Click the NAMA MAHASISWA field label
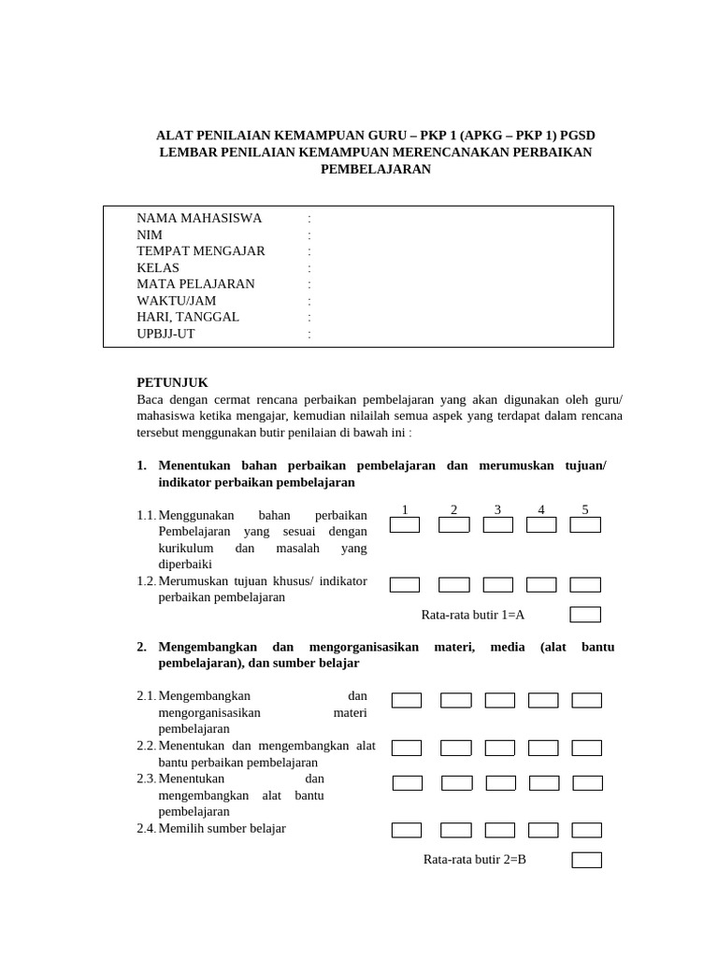(199, 218)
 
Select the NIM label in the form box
(150, 235)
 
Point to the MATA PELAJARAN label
(195, 284)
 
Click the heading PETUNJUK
(172, 383)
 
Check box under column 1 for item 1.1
(405, 525)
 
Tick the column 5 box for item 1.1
(585, 525)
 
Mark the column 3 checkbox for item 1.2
(498, 585)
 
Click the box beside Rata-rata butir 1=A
(585, 615)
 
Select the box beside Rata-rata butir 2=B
(587, 860)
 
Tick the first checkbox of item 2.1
(407, 700)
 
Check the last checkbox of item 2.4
(587, 830)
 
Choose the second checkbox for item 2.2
(456, 748)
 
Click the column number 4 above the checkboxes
(541, 509)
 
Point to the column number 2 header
(453, 509)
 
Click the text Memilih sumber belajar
(223, 828)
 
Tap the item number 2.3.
(146, 778)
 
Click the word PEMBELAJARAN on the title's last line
(376, 169)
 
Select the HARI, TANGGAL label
(188, 317)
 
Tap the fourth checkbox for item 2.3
(544, 782)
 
